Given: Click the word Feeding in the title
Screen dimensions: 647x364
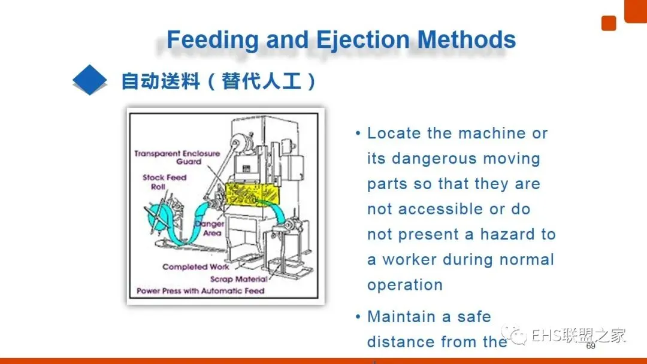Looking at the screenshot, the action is coord(212,40).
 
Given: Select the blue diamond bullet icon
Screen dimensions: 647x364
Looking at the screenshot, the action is coord(90,80).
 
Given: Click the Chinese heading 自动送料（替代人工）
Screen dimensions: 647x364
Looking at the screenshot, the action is coord(219,81).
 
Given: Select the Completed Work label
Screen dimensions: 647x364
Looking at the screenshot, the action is coord(195,267).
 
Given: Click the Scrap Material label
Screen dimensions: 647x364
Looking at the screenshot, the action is coord(238,279).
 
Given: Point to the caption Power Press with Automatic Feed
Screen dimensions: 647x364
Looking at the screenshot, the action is coord(200,291).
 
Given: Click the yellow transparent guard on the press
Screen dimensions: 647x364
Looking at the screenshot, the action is coord(255,195).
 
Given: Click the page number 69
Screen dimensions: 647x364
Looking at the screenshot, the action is coord(591,346).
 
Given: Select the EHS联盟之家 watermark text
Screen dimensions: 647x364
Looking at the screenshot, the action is coord(578,335).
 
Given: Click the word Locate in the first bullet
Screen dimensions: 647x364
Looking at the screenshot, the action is coord(394,134).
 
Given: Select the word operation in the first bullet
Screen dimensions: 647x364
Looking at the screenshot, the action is coord(404,285).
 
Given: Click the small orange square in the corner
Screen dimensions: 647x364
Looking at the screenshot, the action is coord(609,23).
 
